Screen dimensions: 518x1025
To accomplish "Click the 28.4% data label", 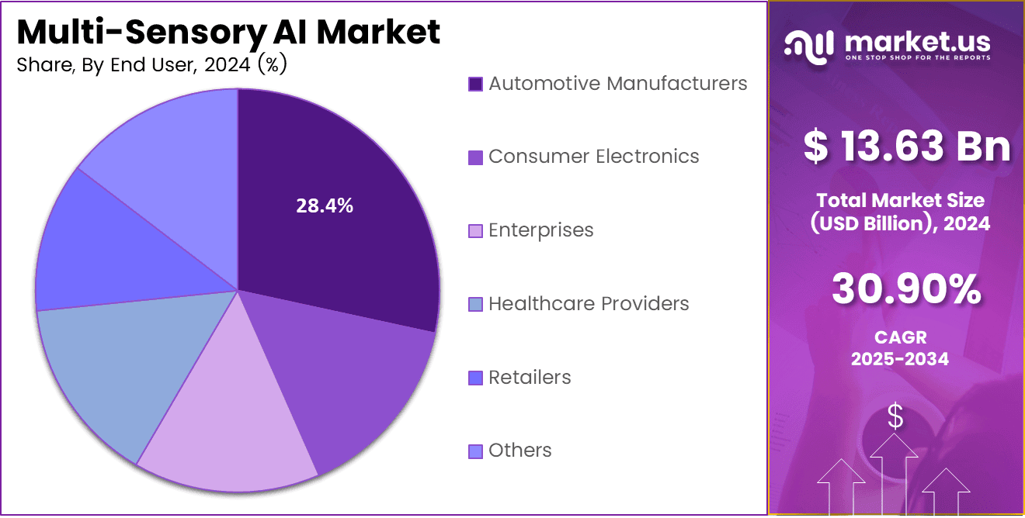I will point(325,205).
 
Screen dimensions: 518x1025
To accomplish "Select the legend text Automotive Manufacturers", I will point(617,83).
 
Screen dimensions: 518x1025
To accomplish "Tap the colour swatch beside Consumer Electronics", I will point(476,157).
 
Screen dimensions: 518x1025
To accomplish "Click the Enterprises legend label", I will point(540,230).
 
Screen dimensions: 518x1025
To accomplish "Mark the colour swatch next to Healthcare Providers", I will point(476,305).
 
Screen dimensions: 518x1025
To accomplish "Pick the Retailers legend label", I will point(530,378).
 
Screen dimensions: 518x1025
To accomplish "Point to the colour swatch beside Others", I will point(476,451).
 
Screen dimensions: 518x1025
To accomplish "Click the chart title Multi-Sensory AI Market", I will point(228,33).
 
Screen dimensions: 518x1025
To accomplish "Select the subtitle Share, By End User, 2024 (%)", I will point(152,66).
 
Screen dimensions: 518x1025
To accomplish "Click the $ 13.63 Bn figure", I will point(906,146).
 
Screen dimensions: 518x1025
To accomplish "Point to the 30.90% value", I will point(906,289).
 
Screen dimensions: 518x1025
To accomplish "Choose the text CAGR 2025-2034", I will point(899,348).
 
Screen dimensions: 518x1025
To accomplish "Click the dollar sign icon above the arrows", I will point(895,416).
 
